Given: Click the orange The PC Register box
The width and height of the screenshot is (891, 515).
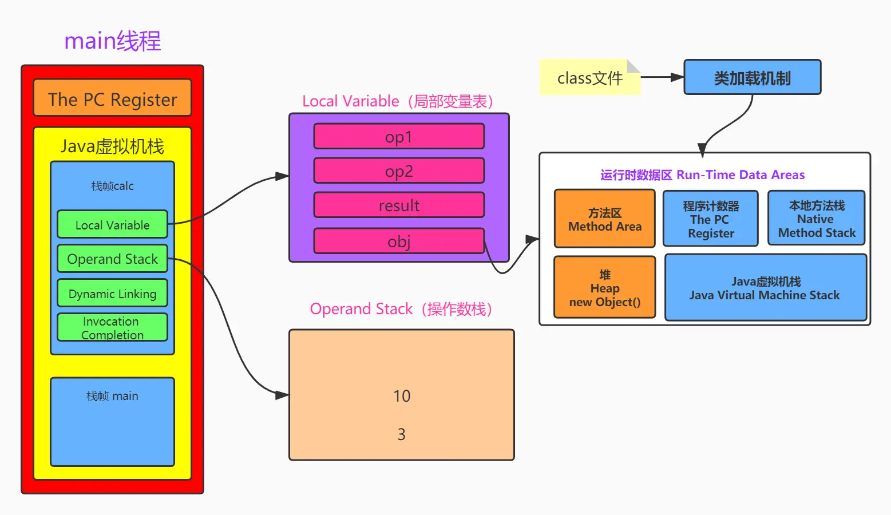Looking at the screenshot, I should tap(112, 98).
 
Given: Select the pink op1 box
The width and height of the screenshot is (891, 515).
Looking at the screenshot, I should tap(399, 137).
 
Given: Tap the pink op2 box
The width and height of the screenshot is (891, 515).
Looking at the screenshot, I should tap(399, 171).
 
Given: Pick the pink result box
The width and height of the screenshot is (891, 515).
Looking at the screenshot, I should tap(399, 205).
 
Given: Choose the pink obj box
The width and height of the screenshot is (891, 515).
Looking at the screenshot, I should tap(399, 241).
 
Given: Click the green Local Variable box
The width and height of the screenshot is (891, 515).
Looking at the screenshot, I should tap(112, 225).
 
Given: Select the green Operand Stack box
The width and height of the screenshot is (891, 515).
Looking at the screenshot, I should tap(112, 259).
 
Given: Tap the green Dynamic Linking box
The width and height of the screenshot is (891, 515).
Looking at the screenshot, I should tap(112, 293).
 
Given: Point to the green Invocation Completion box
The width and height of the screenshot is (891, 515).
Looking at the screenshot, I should tap(112, 328).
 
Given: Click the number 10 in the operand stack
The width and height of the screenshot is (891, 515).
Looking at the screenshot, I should tap(402, 396).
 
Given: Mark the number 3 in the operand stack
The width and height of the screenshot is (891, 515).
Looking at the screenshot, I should tap(402, 434).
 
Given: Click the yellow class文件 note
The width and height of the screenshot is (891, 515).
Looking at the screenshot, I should tap(589, 78).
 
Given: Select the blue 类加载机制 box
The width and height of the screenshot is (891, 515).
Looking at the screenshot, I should tap(752, 77).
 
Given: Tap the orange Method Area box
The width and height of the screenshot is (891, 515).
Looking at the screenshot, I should tap(604, 219).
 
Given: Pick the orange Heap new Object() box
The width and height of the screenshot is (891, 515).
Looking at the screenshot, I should tap(604, 288).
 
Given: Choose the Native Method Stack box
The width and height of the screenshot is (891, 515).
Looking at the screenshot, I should tap(816, 219).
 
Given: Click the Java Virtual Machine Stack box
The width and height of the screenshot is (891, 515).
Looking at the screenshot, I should tap(765, 288).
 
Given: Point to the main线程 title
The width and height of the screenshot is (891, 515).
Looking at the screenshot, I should tap(113, 41).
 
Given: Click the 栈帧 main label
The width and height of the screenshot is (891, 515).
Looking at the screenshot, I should tap(112, 396).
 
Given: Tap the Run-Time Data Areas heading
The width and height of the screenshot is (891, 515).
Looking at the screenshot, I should tap(702, 175).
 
